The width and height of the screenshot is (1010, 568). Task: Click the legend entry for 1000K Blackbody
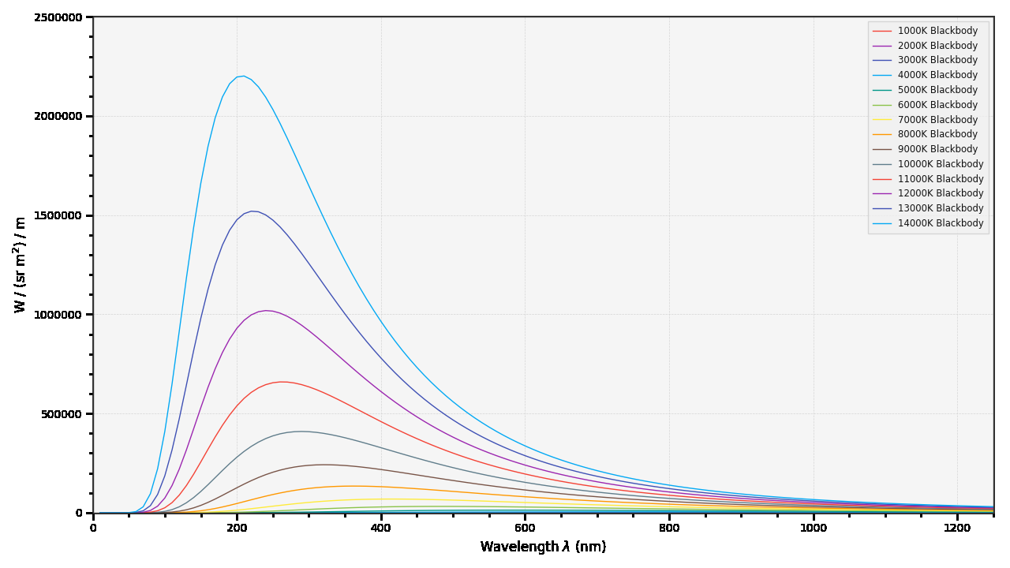pos(937,31)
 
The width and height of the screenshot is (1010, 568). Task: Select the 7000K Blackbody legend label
pos(937,120)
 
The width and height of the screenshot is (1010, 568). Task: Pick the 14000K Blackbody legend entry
pos(941,223)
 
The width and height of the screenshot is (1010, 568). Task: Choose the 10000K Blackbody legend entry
pos(941,164)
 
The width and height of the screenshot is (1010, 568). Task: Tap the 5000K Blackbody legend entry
pos(937,90)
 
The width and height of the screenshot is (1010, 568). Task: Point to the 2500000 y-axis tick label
pos(58,17)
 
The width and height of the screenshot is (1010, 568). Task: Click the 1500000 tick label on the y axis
pos(58,215)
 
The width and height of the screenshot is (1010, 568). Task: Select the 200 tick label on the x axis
pos(237,528)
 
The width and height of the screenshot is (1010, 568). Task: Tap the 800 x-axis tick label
pos(669,528)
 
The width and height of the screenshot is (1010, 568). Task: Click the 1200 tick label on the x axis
pos(957,528)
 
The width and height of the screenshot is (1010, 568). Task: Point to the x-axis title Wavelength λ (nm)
pos(543,547)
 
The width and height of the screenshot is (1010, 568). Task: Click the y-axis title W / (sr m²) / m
pos(21,265)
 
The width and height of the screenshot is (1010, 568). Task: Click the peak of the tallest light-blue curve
pos(243,76)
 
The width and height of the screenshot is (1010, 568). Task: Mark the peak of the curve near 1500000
pos(253,211)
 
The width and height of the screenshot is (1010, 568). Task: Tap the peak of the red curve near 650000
pos(282,382)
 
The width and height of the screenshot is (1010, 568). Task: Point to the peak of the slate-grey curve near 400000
pos(301,432)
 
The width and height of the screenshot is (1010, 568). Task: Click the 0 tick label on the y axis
pos(78,513)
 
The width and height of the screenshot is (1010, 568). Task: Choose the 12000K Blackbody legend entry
pos(941,193)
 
